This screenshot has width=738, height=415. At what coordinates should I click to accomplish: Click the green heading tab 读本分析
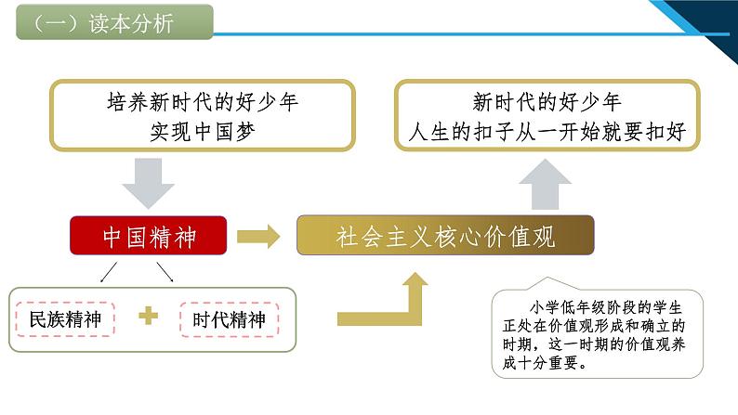pos(114,21)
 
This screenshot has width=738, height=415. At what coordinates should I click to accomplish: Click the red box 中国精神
pos(149,236)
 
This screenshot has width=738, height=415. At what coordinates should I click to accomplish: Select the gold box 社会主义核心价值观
pos(445,236)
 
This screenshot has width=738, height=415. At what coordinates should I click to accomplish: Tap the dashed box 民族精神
pos(65,319)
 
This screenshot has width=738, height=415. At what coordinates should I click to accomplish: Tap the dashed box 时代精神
pos(230,319)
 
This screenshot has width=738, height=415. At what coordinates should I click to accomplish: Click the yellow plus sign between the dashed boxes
pos(149,316)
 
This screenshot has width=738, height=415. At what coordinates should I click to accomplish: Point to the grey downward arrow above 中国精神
pos(149,183)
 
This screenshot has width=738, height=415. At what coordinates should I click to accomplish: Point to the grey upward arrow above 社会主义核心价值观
pos(545,184)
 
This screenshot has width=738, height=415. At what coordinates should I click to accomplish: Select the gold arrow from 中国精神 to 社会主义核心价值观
pos(258,236)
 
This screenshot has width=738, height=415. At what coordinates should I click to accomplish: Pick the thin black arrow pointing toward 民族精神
pos(109,272)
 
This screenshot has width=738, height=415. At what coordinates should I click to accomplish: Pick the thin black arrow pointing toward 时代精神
pos(165,272)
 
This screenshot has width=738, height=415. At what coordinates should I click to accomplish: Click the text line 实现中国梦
pos(203,132)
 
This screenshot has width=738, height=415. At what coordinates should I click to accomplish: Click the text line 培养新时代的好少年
pos(203,102)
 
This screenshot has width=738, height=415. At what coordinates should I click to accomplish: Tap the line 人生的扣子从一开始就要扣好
pos(547,132)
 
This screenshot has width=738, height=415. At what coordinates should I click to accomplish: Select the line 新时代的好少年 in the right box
pos(547,102)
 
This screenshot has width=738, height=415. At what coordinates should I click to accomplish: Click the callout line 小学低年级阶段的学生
pos(606,307)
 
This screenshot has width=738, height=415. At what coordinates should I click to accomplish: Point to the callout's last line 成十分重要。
pos(545,362)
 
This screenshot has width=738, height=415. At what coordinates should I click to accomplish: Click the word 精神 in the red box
pos(173,237)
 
